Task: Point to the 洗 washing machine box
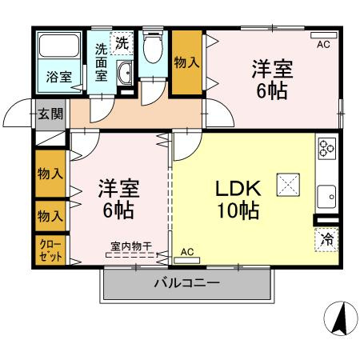[122, 41]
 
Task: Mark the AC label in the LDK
[187, 252]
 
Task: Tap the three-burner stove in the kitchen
[326, 148]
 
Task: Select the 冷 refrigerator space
[327, 238]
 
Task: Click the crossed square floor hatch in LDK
[287, 185]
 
